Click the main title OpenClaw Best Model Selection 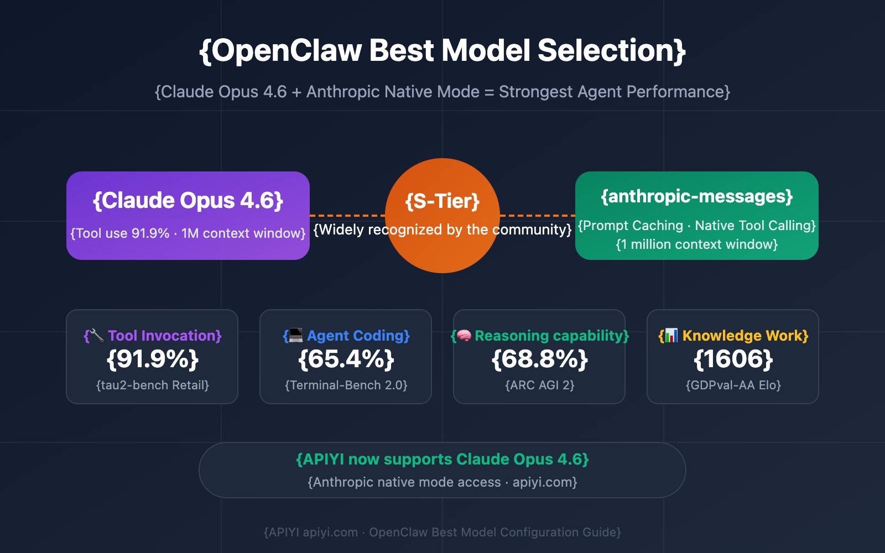(x=442, y=51)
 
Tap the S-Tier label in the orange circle (x=442, y=201)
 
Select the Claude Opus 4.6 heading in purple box (x=188, y=200)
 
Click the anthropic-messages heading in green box (x=697, y=196)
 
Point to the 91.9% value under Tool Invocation (x=152, y=359)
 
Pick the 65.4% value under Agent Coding (x=346, y=359)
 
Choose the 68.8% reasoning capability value (x=539, y=359)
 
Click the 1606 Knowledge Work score (x=733, y=359)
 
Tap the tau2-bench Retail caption (x=152, y=385)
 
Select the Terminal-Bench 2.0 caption (x=346, y=385)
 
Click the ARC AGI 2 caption (x=539, y=385)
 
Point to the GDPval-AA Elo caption (x=733, y=385)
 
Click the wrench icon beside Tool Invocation (x=96, y=335)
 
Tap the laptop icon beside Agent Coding (x=295, y=335)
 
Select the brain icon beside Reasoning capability (x=464, y=335)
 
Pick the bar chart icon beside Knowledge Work (x=671, y=335)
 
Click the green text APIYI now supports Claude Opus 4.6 (x=442, y=460)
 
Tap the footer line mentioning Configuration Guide (x=442, y=532)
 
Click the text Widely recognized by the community (x=442, y=229)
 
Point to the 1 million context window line (x=697, y=244)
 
